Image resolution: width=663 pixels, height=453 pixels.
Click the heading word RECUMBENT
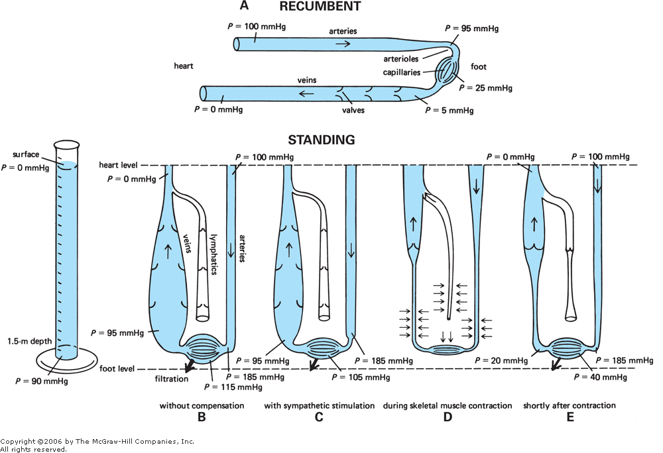320,7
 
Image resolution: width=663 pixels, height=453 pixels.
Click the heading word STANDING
321,140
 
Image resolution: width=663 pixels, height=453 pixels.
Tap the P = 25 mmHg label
485,87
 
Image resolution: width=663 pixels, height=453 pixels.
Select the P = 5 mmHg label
449,111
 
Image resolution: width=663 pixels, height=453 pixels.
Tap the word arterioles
402,59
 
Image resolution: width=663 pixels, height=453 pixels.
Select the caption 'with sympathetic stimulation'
320,405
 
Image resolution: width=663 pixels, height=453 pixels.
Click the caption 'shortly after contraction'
570,405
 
